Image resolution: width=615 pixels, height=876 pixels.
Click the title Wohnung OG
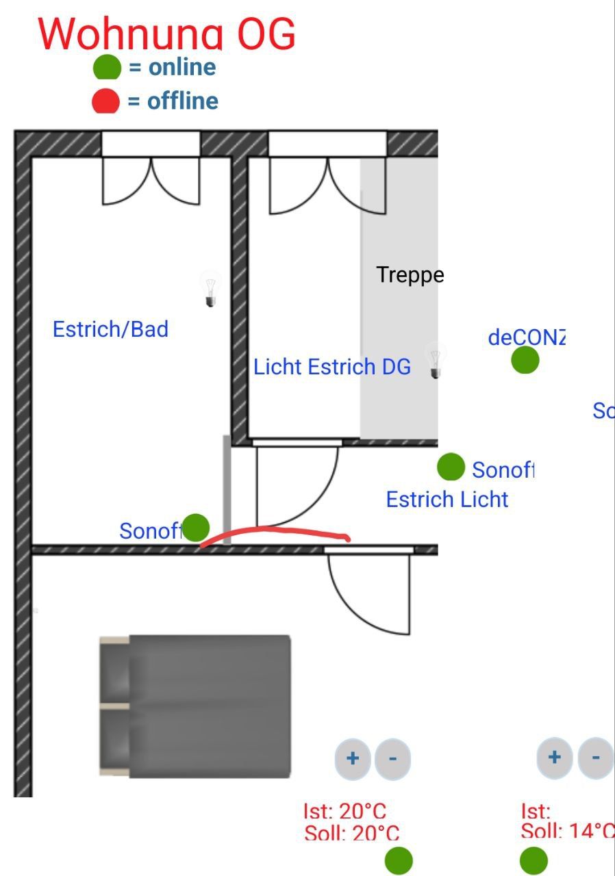pos(166,33)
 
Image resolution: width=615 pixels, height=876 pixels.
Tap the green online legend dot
pos(107,67)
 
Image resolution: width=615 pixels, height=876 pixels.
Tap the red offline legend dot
pos(105,101)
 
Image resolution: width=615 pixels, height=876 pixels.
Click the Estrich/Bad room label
pos(110,329)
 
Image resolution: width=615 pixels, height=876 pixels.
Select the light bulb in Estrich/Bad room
pos(210,289)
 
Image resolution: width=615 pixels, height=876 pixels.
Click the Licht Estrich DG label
pos(332,367)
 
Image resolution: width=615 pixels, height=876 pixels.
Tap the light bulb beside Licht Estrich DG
pos(434,361)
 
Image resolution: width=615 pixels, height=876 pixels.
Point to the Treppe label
pos(410,275)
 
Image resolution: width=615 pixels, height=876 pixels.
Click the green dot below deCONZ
pos(525,360)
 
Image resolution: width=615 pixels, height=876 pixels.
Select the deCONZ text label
pos(527,337)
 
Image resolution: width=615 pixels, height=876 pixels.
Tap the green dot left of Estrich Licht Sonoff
pos(451,467)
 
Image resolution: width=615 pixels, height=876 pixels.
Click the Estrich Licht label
pos(447,500)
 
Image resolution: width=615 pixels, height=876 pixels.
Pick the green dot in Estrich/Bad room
pos(196,528)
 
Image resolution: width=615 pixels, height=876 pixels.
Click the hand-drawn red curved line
pos(274,530)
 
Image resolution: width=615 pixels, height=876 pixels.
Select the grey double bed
pos(196,706)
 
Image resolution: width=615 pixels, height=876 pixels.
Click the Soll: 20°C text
pos(351,833)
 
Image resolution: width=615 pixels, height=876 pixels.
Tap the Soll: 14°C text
pos(567,831)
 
